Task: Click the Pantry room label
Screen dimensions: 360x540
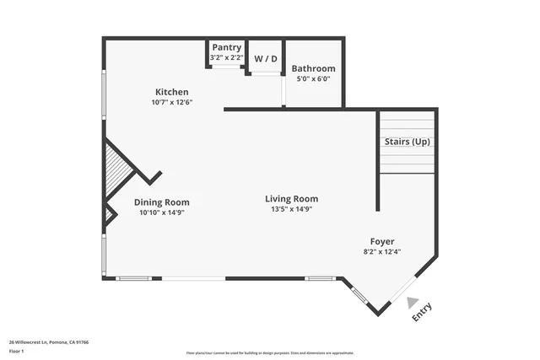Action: (226, 47)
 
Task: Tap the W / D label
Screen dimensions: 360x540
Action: (265, 59)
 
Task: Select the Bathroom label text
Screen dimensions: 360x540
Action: (313, 68)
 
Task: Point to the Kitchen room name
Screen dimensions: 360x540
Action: (171, 92)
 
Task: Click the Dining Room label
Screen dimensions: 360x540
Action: (161, 202)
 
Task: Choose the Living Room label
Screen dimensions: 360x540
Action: (294, 199)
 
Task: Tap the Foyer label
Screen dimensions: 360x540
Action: (381, 241)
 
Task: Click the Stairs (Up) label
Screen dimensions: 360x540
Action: (408, 141)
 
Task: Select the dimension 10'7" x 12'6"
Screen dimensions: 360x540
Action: (171, 102)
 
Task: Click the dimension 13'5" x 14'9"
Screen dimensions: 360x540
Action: (294, 209)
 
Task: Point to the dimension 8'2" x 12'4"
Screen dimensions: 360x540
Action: (381, 251)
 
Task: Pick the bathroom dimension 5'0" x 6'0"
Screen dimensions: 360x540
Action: (313, 78)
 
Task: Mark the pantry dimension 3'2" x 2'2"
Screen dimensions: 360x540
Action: (226, 57)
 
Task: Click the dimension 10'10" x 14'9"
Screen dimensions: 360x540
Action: (161, 212)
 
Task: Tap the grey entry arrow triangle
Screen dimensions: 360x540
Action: (411, 302)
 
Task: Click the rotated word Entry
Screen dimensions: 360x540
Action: (422, 313)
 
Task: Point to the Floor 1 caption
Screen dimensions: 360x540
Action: (17, 352)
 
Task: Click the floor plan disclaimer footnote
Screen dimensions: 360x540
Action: (269, 352)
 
